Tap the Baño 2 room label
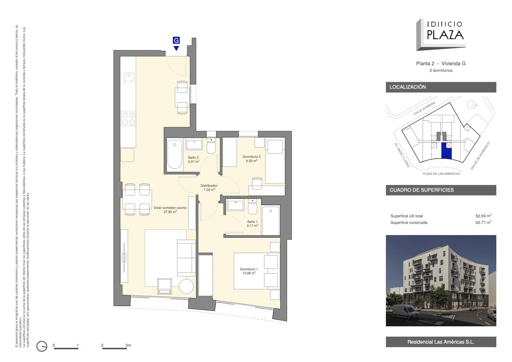coord(193,160)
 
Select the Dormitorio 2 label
coord(251,159)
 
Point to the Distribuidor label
coord(209,188)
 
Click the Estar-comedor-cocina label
coord(170,210)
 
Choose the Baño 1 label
coord(252,224)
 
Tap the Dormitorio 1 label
coord(249,271)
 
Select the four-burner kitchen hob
coord(129,119)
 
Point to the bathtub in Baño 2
coord(175,155)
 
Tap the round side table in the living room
coord(186,286)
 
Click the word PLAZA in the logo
coord(445,35)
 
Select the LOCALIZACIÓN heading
coord(407,87)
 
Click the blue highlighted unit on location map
coord(446,151)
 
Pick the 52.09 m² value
coord(483,216)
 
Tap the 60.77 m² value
coord(483,222)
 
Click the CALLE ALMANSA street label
coord(424,108)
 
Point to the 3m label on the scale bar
coord(128,345)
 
